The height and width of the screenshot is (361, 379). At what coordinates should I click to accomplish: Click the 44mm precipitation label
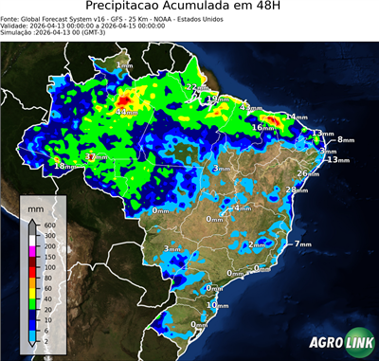pyautogui.click(x=125, y=112)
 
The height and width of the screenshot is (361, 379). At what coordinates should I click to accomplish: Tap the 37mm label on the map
pyautogui.click(x=97, y=156)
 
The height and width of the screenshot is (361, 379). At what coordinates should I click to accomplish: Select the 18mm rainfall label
pyautogui.click(x=63, y=167)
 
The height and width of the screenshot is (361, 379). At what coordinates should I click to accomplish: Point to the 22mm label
pyautogui.click(x=194, y=87)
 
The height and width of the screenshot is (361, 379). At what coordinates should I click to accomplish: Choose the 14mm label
pyautogui.click(x=298, y=117)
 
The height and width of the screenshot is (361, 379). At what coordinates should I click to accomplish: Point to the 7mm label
pyautogui.click(x=303, y=244)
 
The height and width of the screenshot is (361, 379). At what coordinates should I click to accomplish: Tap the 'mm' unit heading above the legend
pyautogui.click(x=36, y=208)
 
